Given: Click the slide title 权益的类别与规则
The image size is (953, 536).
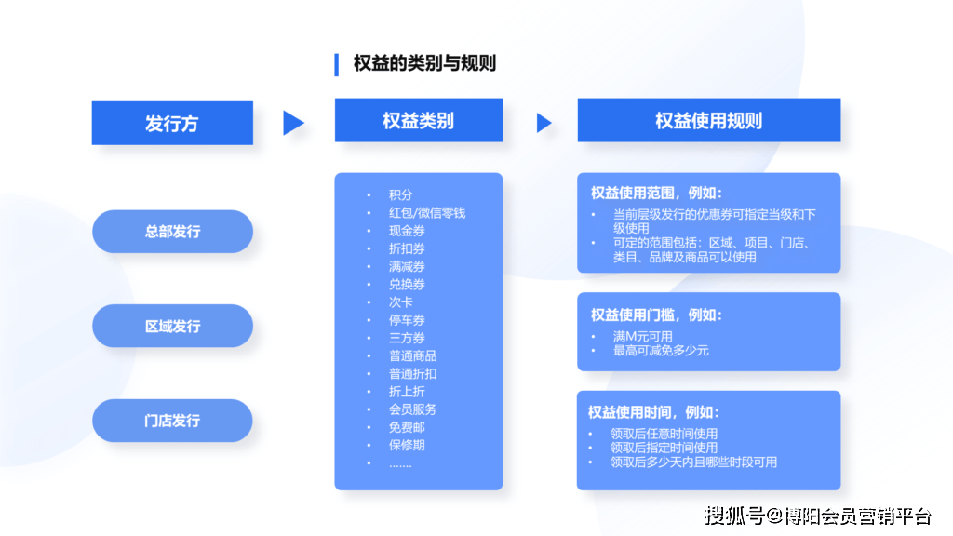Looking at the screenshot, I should pyautogui.click(x=424, y=63).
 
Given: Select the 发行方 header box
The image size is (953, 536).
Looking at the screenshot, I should pyautogui.click(x=172, y=123).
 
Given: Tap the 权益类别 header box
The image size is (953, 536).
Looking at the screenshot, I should pyautogui.click(x=419, y=121).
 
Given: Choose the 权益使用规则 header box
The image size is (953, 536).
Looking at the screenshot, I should pyautogui.click(x=708, y=121).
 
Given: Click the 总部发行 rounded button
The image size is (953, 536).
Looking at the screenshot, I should pyautogui.click(x=172, y=232).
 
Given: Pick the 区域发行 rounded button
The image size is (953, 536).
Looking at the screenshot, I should pyautogui.click(x=172, y=327).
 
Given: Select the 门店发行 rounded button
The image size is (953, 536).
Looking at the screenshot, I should pyautogui.click(x=172, y=421).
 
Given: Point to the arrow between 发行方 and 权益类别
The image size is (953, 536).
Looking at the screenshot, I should pyautogui.click(x=293, y=123).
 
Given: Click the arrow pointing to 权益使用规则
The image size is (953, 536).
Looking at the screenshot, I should pyautogui.click(x=544, y=123).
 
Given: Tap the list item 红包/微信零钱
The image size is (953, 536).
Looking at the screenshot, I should pyautogui.click(x=426, y=213).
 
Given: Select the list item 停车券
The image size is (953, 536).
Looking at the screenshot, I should pyautogui.click(x=407, y=320).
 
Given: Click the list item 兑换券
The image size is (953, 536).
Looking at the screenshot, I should pyautogui.click(x=407, y=285).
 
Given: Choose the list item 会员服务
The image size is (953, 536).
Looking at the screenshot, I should pyautogui.click(x=412, y=409).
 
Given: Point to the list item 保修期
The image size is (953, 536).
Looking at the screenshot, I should pyautogui.click(x=407, y=445).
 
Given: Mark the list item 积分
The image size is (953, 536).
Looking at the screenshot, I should pyautogui.click(x=400, y=195).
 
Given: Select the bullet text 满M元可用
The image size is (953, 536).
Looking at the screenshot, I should pyautogui.click(x=642, y=336).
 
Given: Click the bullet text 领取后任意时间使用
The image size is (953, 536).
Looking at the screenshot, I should pyautogui.click(x=664, y=434).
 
